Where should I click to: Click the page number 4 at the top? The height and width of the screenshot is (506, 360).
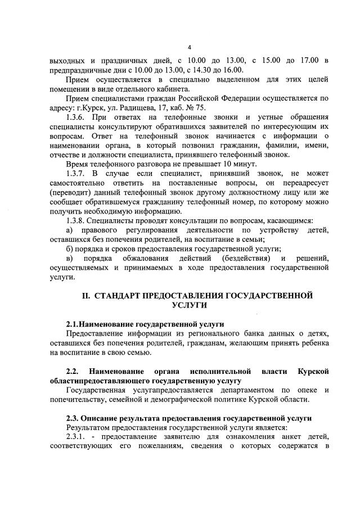coord(190,47)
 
